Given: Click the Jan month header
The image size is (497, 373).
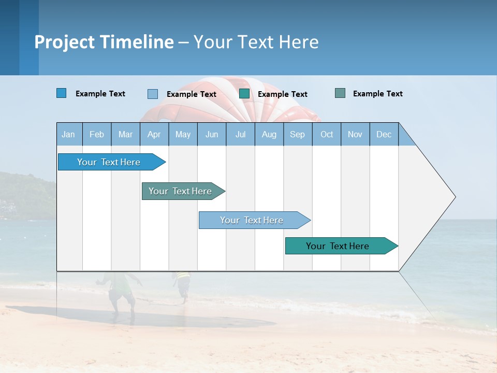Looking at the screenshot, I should pos(69,134).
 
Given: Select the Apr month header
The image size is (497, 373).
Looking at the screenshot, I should pos(154,134).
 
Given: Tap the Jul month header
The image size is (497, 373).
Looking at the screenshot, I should pos(240,134).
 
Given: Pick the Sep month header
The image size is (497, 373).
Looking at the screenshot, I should pos(298,134).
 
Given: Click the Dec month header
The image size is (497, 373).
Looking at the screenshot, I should pos(384,134).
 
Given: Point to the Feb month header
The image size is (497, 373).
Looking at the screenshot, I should pos(97,134).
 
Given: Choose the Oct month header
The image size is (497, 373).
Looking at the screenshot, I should pos(327,134).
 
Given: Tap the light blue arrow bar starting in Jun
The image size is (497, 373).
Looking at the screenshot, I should pos(252,220).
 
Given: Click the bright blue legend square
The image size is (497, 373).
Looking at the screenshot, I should pos(62,93).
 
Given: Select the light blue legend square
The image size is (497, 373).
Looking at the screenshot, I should pos(153,94).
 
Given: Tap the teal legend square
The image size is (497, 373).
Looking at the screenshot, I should pos(244,94).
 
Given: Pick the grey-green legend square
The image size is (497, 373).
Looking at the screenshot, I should pos(340,93).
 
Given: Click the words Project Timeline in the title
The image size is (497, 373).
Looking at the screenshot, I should pos(104,42).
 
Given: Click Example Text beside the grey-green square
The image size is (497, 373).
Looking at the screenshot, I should pos(377,94).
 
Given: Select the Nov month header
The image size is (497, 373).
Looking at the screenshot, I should pos(355,134).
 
